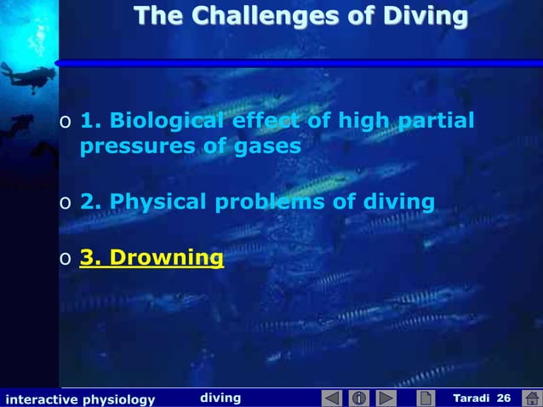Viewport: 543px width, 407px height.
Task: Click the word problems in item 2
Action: coord(286,202)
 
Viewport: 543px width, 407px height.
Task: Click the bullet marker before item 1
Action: coord(65,122)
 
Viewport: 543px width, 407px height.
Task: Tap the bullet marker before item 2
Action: coord(65,203)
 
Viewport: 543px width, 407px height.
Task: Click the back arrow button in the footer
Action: coord(331,398)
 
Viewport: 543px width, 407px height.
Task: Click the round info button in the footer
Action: coord(358,398)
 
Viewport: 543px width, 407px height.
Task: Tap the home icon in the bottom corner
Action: coord(531,398)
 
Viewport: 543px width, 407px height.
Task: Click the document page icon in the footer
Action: coord(425,398)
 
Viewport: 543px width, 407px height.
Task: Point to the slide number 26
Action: coord(503,398)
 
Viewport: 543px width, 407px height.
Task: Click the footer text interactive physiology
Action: coord(80,398)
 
